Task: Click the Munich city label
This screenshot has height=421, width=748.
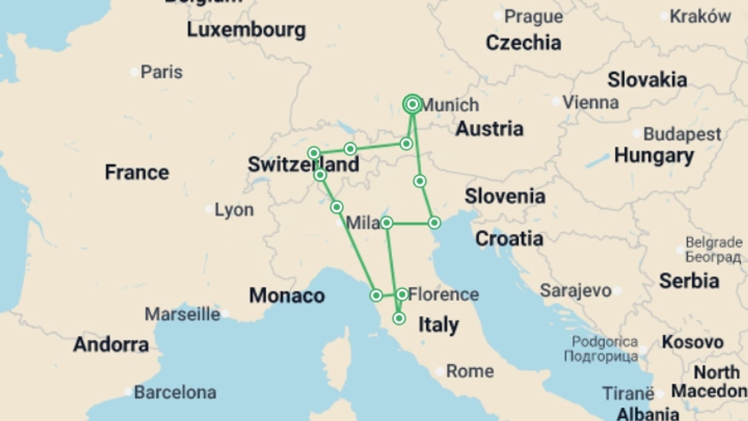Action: click(450, 105)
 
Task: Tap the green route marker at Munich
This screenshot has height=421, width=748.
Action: click(413, 104)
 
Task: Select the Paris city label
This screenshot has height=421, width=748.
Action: click(161, 72)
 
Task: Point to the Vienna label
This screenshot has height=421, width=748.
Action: click(591, 103)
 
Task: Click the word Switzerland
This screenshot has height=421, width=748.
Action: click(303, 164)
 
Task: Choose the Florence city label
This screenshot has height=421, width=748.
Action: click(443, 294)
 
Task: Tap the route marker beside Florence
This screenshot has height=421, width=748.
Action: click(402, 294)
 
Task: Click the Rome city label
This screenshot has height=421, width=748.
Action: click(469, 371)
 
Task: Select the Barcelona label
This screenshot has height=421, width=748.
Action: click(175, 393)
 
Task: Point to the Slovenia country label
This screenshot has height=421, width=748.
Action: click(505, 196)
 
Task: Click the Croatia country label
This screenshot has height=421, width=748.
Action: click(509, 239)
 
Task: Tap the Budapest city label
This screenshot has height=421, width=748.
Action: click(682, 134)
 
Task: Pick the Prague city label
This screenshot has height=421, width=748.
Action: click(533, 16)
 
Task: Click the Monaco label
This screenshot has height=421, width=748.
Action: click(287, 295)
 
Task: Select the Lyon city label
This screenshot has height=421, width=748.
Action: click(234, 210)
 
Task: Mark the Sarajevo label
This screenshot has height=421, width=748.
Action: click(575, 290)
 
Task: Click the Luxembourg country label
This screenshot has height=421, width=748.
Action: click(246, 30)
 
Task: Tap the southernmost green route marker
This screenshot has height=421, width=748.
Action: click(399, 318)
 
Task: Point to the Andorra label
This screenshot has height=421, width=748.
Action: click(111, 345)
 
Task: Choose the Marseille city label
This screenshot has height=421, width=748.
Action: click(182, 314)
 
